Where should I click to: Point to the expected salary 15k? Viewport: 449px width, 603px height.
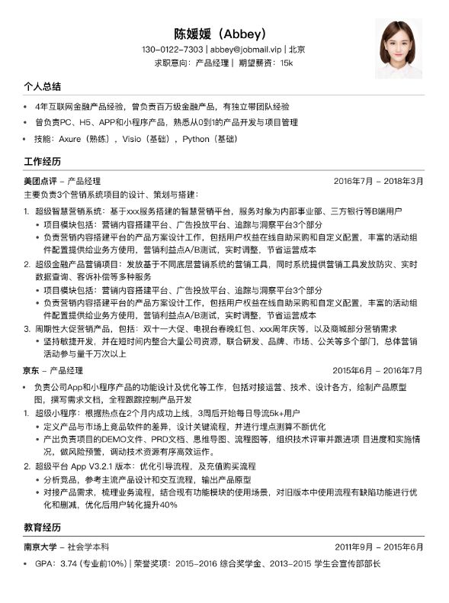point(286,63)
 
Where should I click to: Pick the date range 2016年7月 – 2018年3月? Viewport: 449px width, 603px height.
point(379,181)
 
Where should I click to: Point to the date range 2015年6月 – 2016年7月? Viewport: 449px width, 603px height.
point(379,370)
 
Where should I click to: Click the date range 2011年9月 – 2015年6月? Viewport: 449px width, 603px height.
point(379,547)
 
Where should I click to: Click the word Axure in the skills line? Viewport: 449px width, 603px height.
point(72,140)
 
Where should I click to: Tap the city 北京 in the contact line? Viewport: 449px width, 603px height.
point(297,50)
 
